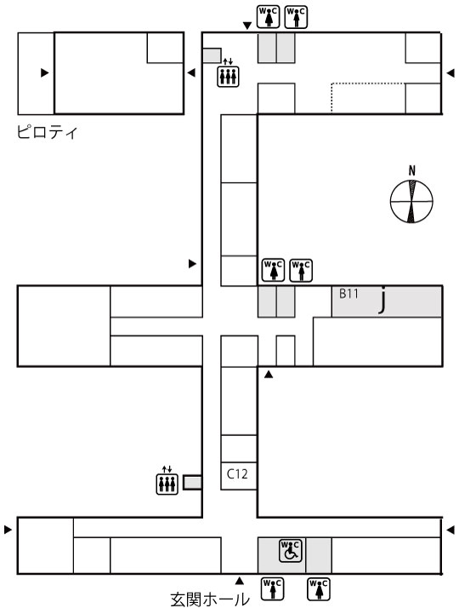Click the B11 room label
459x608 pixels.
tap(348, 294)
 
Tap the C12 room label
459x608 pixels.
tap(237, 473)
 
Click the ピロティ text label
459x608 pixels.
tap(48, 132)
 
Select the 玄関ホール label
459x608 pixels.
tap(210, 599)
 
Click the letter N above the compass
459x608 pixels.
tap(411, 170)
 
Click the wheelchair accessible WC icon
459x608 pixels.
tap(290, 551)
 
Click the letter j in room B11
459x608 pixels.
tap(382, 300)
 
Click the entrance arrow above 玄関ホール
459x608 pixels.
tap(240, 581)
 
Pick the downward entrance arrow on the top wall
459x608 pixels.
tap(247, 26)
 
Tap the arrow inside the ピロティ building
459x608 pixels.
tap(44, 72)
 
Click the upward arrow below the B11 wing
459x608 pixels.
tap(269, 374)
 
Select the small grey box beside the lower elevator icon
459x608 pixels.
tap(192, 482)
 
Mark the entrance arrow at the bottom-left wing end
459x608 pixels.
tap(8, 530)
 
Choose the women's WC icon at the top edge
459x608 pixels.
tap(269, 17)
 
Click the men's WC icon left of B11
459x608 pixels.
tap(301, 270)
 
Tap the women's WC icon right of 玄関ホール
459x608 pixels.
tap(319, 588)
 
